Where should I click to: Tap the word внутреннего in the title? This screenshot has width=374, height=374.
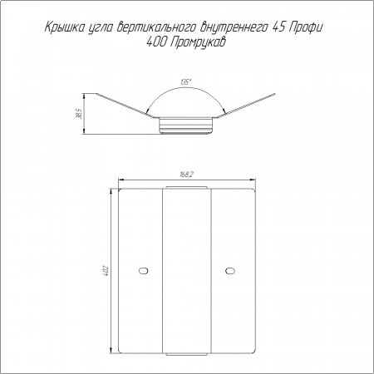coord(234,28)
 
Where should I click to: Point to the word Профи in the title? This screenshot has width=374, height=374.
coord(306,27)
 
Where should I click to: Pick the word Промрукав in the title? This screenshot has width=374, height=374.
coord(197,43)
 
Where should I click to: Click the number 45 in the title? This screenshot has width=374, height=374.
coord(279,27)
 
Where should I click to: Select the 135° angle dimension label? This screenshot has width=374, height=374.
coord(185,82)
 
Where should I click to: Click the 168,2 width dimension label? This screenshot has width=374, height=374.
coord(186,175)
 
